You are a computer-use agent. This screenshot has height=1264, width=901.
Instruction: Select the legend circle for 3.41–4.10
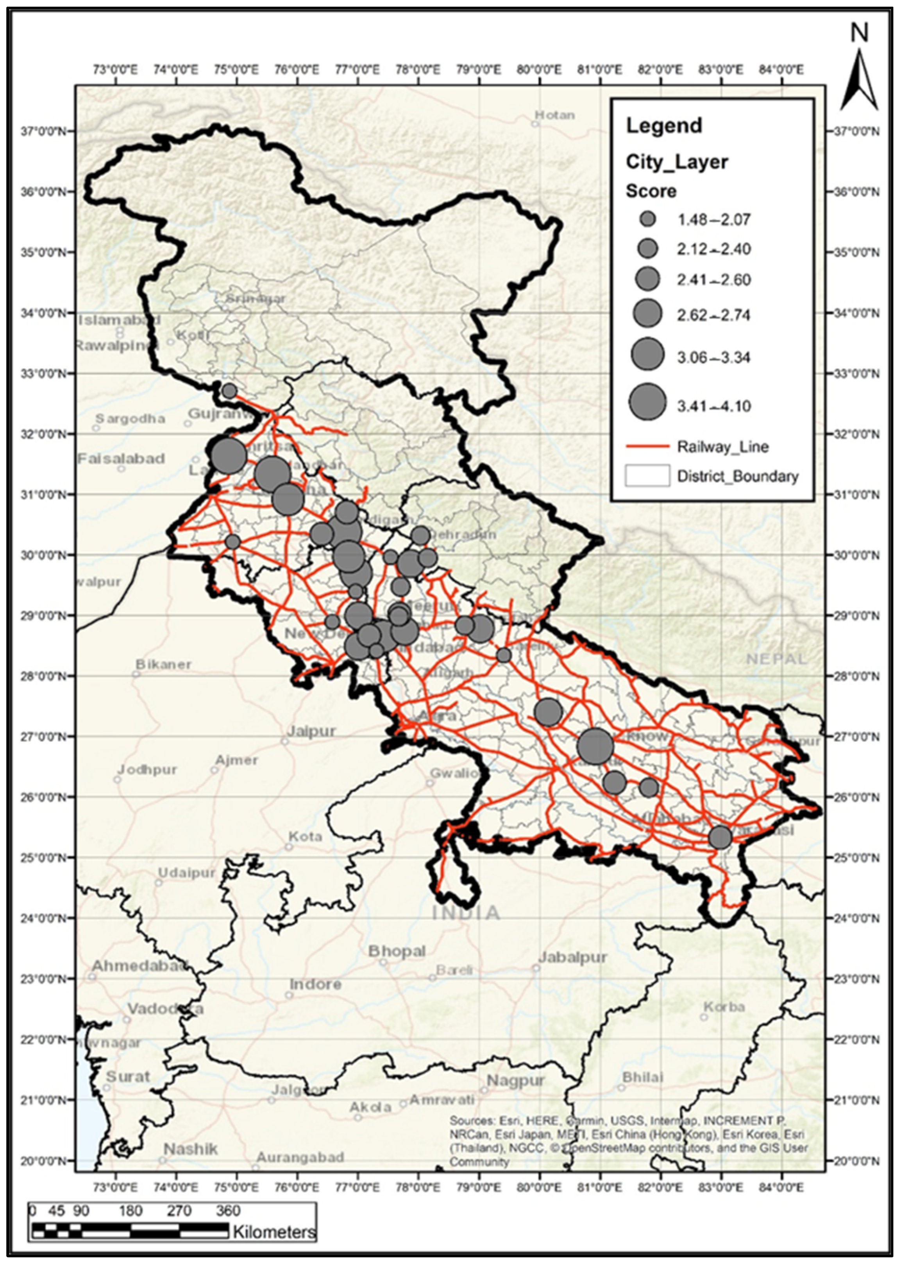pyautogui.click(x=647, y=402)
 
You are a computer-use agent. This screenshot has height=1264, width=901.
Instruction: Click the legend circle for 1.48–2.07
pyautogui.click(x=647, y=219)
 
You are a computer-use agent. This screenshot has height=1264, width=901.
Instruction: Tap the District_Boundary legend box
pyautogui.click(x=647, y=476)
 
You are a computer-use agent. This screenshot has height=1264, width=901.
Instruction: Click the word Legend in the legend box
pyautogui.click(x=663, y=126)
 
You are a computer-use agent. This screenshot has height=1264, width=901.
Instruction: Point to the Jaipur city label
pyautogui.click(x=311, y=731)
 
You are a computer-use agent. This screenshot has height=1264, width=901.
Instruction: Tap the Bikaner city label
pyautogui.click(x=163, y=664)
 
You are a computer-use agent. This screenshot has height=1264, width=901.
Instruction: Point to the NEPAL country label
pyautogui.click(x=776, y=659)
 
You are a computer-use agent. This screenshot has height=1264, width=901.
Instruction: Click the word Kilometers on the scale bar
pyautogui.click(x=274, y=1232)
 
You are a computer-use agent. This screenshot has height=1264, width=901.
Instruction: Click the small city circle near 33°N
pyautogui.click(x=229, y=391)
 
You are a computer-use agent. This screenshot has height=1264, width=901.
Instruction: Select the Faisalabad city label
pyautogui.click(x=121, y=459)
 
